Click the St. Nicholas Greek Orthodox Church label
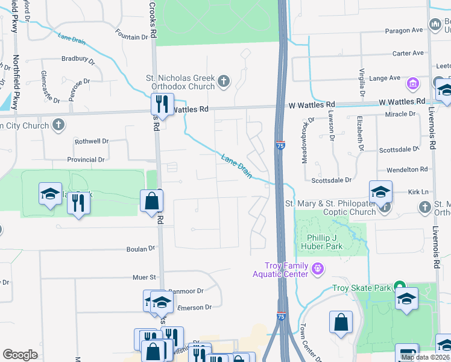pos(180,82)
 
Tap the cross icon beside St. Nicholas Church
pos(224,81)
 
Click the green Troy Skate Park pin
pos(399,288)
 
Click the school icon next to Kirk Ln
pos(381,192)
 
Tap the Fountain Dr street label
pos(131,37)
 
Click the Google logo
pos(20,354)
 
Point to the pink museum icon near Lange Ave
pos(412,83)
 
